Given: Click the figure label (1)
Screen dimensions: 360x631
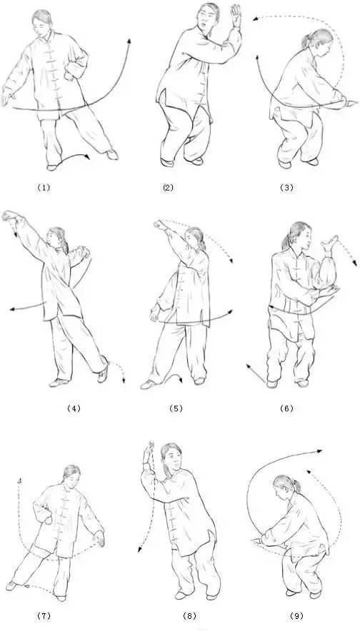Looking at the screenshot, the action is pyautogui.click(x=44, y=187).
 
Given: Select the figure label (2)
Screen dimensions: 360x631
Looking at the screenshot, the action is pyautogui.click(x=168, y=187).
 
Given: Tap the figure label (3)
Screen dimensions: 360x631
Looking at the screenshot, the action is pyautogui.click(x=286, y=187).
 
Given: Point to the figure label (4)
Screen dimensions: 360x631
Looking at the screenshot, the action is pyautogui.click(x=74, y=408).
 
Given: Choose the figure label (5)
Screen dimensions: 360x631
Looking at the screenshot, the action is pyautogui.click(x=176, y=408).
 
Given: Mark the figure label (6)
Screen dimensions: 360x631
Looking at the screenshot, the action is pyautogui.click(x=286, y=408).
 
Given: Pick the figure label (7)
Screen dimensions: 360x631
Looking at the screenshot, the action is pyautogui.click(x=44, y=616).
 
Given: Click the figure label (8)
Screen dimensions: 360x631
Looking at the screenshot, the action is pyautogui.click(x=189, y=616).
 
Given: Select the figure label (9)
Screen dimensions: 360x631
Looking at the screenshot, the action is pyautogui.click(x=296, y=616).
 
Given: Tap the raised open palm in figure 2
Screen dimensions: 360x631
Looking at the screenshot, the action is pyautogui.click(x=236, y=15).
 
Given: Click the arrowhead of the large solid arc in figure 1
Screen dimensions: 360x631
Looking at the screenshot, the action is pyautogui.click(x=129, y=41).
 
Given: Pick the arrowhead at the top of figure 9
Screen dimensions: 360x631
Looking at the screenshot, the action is pyautogui.click(x=320, y=451).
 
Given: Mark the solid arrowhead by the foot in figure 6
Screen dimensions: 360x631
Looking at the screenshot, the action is pyautogui.click(x=249, y=365).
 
